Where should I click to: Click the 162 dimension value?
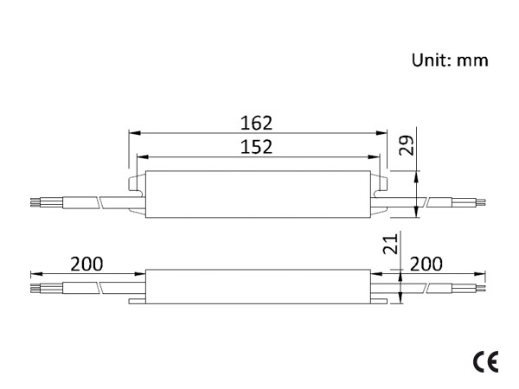point(256,123)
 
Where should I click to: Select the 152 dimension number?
point(256,147)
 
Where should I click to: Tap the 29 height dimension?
point(407,145)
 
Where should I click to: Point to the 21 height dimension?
point(390,244)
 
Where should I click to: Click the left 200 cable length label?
point(86,264)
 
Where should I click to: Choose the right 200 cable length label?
point(426,264)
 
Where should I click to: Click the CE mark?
point(485,362)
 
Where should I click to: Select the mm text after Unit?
point(472,62)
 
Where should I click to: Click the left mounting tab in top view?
point(137,184)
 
